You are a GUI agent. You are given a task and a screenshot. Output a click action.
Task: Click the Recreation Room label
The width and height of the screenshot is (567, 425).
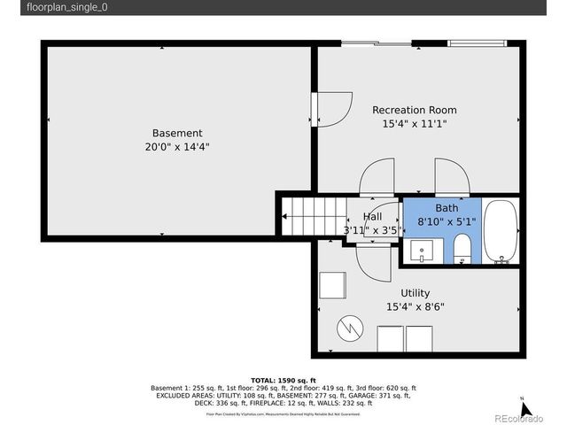pos(415,110)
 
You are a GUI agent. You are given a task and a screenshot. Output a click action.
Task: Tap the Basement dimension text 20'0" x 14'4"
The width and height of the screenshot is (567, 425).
pos(177,147)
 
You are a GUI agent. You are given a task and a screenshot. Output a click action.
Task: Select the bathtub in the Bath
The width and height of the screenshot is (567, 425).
pos(502,233)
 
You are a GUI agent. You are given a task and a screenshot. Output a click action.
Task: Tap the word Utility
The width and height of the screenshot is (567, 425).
pos(415,293)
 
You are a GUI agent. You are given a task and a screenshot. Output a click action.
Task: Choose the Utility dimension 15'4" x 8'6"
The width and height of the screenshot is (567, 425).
pos(415,307)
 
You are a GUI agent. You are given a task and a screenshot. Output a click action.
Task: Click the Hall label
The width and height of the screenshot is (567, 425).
pos(372,217)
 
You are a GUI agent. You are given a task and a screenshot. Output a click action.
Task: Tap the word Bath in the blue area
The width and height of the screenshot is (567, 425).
pos(446,208)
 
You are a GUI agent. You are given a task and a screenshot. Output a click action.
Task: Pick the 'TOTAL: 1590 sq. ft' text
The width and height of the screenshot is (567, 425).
pos(283,380)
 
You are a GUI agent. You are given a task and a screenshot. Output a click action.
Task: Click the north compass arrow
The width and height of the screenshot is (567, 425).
pos(524,408)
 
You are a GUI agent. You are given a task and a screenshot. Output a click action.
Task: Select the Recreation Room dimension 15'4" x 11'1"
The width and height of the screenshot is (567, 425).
pos(415,124)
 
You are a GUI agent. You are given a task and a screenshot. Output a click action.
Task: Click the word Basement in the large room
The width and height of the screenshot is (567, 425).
pos(177,133)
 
